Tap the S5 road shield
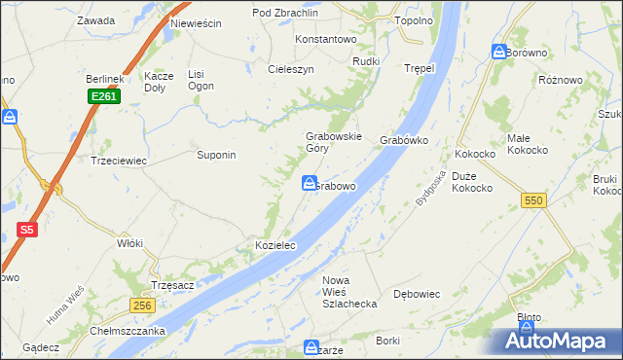pos(26,231)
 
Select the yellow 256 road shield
pos(141,306)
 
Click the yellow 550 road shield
pos(533,199)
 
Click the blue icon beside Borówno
pos(498,52)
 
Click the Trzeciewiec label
pos(118,161)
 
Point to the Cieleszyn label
pos(291,70)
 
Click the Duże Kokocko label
pos(471,182)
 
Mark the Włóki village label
pos(129,243)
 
